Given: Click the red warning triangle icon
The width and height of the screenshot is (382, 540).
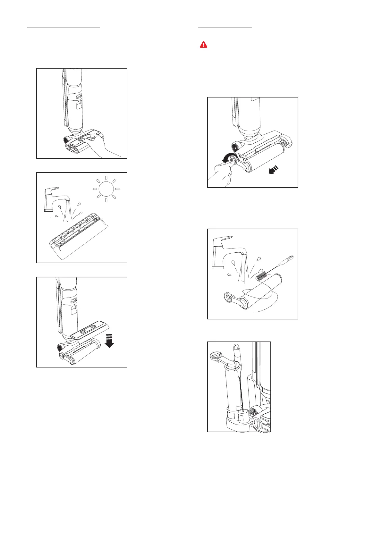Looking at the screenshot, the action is click(203, 45).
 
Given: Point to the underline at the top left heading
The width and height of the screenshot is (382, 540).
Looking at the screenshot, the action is click(64, 28).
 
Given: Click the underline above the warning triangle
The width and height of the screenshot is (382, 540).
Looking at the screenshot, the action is click(225, 28).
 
